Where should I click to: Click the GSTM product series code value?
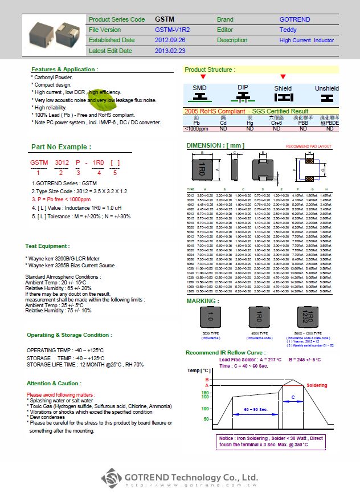point(165,19)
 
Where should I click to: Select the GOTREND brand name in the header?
point(294,19)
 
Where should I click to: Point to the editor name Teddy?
point(288,30)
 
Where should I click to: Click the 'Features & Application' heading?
point(64,70)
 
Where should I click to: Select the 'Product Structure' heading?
point(210,70)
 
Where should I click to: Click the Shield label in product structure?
point(283,88)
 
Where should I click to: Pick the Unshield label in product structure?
point(326,88)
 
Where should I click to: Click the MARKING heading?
point(203,300)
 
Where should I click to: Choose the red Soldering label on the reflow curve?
point(317,385)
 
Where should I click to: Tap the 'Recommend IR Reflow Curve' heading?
point(226,353)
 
